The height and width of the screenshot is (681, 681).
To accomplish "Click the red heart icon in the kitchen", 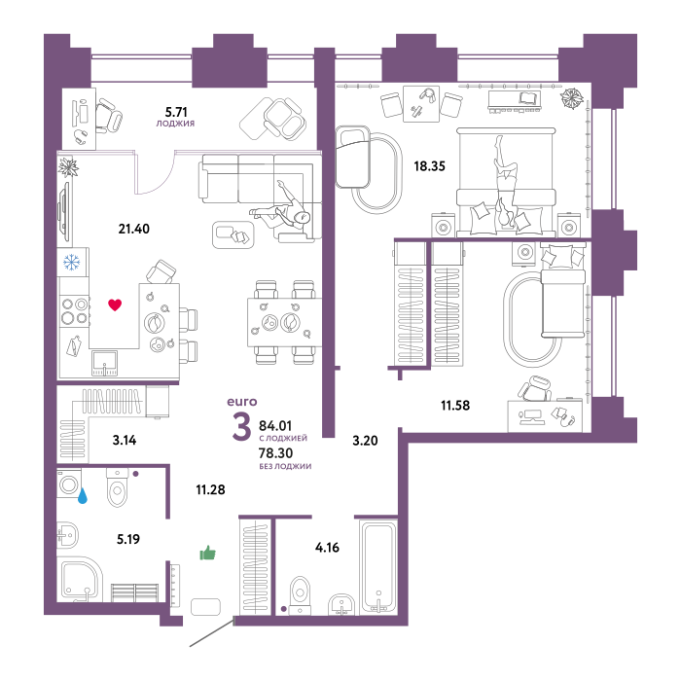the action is (x=115, y=305).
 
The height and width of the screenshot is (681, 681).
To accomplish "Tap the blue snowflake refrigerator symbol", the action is (x=72, y=262).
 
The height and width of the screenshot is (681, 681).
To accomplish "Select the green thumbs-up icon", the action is (x=207, y=553).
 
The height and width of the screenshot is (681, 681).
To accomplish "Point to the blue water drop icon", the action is (x=82, y=495).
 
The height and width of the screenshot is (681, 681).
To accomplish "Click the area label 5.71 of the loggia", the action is (x=176, y=112).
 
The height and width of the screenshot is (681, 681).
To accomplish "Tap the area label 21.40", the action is (x=134, y=229).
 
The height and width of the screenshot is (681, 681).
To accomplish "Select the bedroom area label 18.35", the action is (x=430, y=166).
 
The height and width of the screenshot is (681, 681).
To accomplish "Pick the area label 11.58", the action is (x=455, y=406).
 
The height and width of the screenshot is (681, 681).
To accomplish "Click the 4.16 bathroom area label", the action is (x=327, y=547).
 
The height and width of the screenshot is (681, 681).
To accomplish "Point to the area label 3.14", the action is (x=125, y=440).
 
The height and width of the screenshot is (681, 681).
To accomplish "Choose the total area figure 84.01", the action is (x=275, y=426).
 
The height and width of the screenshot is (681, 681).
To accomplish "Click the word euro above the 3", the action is (x=242, y=402).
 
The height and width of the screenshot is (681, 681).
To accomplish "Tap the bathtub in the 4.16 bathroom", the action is (x=378, y=567).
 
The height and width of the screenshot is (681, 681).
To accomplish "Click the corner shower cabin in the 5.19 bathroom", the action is (x=81, y=581).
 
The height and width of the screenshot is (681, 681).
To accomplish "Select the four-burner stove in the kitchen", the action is (x=74, y=311).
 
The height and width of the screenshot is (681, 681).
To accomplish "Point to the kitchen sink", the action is (x=104, y=363).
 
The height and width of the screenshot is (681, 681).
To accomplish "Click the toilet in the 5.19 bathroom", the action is (x=118, y=487).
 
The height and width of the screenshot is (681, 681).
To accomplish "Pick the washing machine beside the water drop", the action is (x=69, y=483).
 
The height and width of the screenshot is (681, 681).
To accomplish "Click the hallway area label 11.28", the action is (x=210, y=489).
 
